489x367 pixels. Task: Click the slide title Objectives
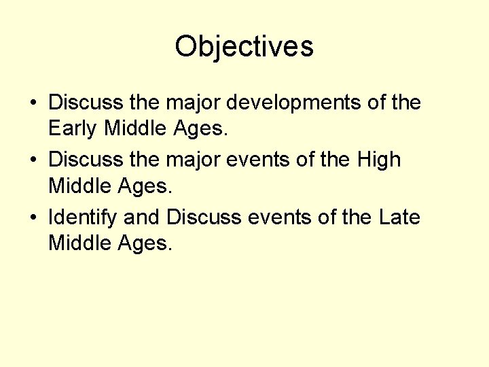click(244, 47)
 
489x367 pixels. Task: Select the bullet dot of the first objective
click(33, 104)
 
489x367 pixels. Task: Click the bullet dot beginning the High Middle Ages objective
click(33, 161)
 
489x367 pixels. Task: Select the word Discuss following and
click(204, 218)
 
